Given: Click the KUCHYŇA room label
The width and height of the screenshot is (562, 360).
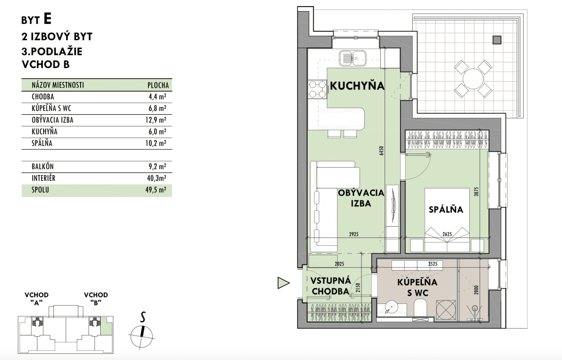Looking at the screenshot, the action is (x=357, y=85).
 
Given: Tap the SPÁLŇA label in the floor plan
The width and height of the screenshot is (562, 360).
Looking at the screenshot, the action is (x=446, y=209).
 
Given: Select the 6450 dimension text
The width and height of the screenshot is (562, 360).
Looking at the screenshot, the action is (x=382, y=151).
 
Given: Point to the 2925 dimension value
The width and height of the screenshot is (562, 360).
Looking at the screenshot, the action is (x=354, y=235).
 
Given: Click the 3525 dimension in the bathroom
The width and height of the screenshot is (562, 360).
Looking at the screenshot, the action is (x=433, y=264).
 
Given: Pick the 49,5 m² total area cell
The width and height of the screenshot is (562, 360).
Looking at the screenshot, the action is (x=155, y=190).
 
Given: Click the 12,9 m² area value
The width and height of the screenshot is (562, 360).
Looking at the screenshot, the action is (x=155, y=120).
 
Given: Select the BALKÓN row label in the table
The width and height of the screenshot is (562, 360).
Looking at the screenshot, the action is (x=43, y=167).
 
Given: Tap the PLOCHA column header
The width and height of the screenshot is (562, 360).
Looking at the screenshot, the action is (x=158, y=85).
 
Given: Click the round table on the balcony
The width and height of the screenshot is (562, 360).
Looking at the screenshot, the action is (x=473, y=79).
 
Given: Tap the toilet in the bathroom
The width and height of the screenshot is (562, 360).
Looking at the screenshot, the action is (x=420, y=309).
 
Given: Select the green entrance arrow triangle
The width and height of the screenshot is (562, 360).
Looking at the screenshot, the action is (x=283, y=283).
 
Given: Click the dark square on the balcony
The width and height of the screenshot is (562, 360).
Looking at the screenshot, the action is (x=497, y=40).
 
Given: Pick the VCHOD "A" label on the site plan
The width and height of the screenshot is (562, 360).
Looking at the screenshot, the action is (x=37, y=299).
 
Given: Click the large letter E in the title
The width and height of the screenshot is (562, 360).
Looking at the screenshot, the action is (x=47, y=19).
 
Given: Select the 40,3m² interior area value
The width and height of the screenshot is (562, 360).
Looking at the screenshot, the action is (x=156, y=178).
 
